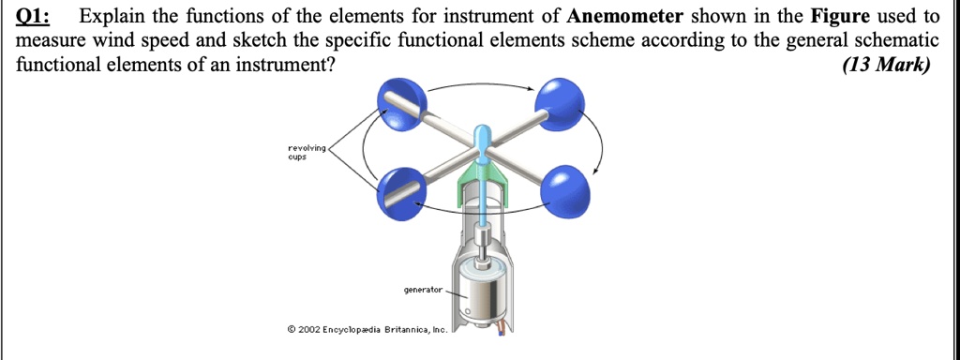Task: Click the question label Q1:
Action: click(x=35, y=17)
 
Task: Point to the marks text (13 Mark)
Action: click(x=886, y=65)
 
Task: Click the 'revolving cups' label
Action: click(x=307, y=152)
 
